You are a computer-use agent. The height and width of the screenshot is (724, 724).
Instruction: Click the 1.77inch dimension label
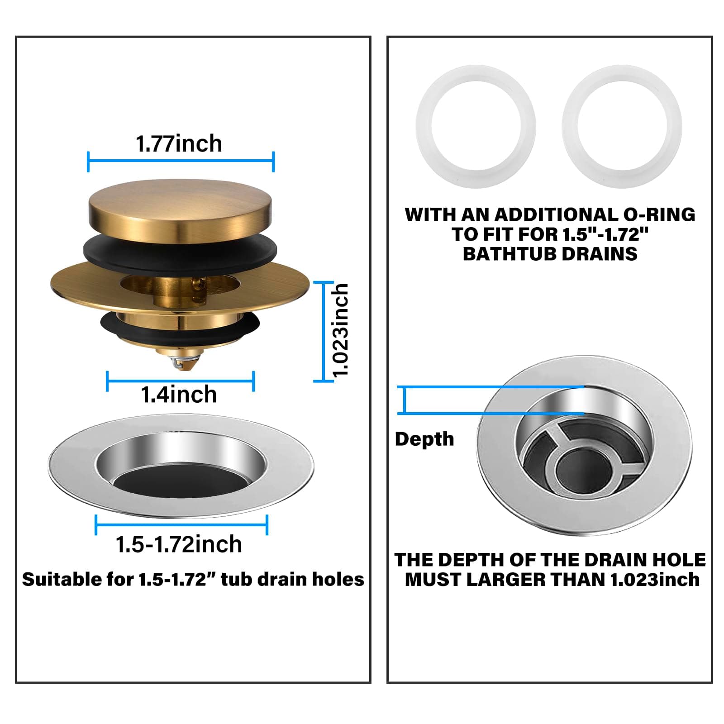pos(179,144)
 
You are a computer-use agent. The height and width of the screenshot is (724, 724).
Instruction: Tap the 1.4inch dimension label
pos(179,395)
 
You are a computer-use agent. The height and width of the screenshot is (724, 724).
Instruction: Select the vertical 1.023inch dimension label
pos(340,330)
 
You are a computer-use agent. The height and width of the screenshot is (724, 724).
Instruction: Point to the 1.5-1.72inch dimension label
pos(179,544)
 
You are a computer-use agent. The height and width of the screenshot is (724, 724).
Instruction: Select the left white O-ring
pos(475,127)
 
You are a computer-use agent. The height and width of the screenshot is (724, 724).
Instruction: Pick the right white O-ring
pos(622,127)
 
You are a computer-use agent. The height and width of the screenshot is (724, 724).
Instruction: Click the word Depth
pos(424,439)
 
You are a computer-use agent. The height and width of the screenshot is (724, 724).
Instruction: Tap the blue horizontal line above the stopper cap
pos(181,161)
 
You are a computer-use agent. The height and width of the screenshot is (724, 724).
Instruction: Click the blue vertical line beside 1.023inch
pos(324,331)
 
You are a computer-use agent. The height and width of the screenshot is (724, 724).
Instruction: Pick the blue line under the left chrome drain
pos(181,524)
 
